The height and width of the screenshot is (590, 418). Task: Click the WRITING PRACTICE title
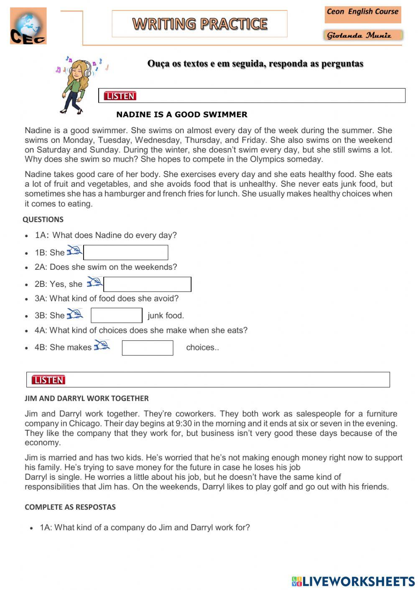tap(200, 24)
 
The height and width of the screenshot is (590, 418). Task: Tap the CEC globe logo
tap(28, 26)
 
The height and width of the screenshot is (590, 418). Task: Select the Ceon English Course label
tap(362, 12)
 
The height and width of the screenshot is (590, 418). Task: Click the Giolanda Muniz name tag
tap(362, 35)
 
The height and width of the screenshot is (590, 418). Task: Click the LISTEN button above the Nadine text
tap(120, 96)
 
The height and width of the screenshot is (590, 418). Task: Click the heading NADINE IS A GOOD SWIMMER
tap(182, 114)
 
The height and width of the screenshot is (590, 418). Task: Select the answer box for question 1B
tap(126, 253)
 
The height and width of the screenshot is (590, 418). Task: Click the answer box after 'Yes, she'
tap(147, 284)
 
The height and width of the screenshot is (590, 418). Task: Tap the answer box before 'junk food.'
tap(117, 315)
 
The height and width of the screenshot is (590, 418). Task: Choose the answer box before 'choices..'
tap(148, 348)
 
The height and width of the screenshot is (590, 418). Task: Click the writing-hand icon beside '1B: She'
tap(75, 251)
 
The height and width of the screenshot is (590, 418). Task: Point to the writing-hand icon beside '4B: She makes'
tap(102, 345)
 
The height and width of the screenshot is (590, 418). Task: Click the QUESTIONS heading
tap(43, 220)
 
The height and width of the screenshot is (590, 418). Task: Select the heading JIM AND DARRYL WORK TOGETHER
tap(87, 398)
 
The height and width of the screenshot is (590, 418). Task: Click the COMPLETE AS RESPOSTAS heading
tap(70, 507)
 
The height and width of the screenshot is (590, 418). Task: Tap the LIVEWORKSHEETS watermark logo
tap(353, 581)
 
